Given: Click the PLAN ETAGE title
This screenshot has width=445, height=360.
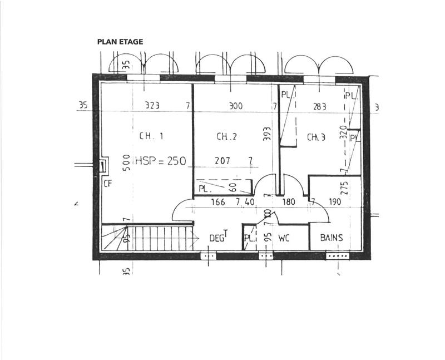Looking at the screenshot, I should click(120, 42).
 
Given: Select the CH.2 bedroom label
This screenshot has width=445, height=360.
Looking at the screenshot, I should click(227, 136).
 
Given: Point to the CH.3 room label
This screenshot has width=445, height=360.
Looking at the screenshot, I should click(317, 136).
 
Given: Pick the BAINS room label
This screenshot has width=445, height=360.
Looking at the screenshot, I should click(331, 238).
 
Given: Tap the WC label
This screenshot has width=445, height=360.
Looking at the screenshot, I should click(284, 238).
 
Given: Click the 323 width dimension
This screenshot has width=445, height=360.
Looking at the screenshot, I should click(152, 106).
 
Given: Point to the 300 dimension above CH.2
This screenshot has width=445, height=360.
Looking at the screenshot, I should click(236, 106).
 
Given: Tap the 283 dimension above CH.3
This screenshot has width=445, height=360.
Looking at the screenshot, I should click(320, 106).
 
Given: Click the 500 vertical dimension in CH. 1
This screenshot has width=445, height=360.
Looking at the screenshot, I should click(126, 162).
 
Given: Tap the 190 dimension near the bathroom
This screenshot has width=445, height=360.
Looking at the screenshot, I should click(334, 202).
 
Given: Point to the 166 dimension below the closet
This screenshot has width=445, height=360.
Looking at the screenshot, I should click(219, 202).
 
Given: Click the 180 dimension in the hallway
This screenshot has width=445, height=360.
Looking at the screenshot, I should click(289, 202).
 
